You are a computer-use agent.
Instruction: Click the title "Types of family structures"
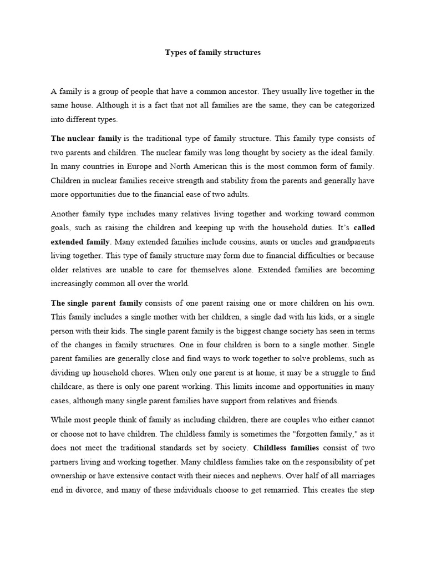coord(213,53)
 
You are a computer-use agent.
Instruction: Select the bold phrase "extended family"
coord(80,242)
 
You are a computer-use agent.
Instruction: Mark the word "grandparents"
coord(348,242)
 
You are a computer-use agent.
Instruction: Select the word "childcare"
coord(68,387)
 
